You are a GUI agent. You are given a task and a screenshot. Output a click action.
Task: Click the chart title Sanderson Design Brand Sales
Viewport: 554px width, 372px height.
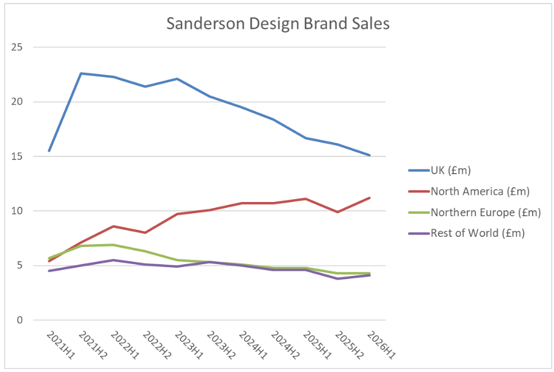pyautogui.click(x=278, y=24)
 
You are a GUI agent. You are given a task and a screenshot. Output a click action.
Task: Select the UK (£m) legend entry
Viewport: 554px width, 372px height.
pyautogui.click(x=450, y=171)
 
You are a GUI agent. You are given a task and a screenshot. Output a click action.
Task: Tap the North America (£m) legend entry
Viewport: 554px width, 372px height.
pyautogui.click(x=480, y=191)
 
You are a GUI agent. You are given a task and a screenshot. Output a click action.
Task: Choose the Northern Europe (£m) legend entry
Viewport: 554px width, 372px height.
pyautogui.click(x=486, y=212)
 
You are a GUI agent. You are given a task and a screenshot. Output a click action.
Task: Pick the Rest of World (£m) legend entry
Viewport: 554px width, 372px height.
pyautogui.click(x=477, y=233)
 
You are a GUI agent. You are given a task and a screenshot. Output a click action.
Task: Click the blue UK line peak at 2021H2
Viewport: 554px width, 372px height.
pyautogui.click(x=81, y=73)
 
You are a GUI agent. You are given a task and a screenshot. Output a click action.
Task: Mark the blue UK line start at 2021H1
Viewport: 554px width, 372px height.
pyautogui.click(x=49, y=151)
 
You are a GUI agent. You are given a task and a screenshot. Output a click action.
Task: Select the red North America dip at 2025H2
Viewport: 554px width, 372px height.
pyautogui.click(x=338, y=212)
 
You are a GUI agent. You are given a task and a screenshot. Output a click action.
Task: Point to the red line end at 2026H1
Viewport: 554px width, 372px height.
pyautogui.click(x=370, y=198)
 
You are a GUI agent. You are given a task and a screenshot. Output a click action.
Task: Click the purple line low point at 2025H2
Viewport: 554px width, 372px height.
pyautogui.click(x=338, y=278)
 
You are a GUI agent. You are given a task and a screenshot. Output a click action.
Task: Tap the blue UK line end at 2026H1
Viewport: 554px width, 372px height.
pyautogui.click(x=370, y=155)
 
